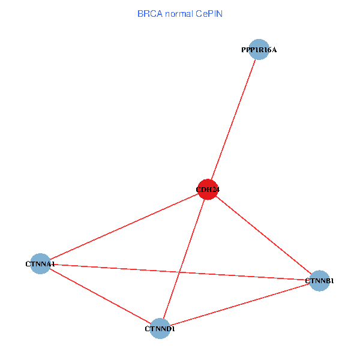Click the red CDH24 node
pyautogui.click(x=208, y=190)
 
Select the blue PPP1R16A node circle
pyautogui.click(x=259, y=49)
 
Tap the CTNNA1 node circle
pyautogui.click(x=40, y=263)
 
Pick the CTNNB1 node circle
pyautogui.click(x=319, y=281)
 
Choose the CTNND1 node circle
pyautogui.click(x=160, y=329)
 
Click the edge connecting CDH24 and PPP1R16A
pyautogui.click(x=233, y=119)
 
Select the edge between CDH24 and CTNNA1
pyautogui.click(x=124, y=227)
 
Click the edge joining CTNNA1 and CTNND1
pyautogui.click(x=100, y=296)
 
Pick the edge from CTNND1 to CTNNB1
pyautogui.click(x=239, y=305)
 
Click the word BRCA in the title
pyautogui.click(x=150, y=14)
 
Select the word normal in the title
pyautogui.click(x=179, y=14)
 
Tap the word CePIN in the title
pyautogui.click(x=209, y=14)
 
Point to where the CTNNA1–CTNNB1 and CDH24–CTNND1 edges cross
pyautogui.click(x=179, y=272)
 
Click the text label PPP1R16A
pyautogui.click(x=259, y=50)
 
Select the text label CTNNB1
pyautogui.click(x=319, y=281)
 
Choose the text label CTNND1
pyautogui.click(x=160, y=329)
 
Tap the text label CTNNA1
pyautogui.click(x=40, y=264)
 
